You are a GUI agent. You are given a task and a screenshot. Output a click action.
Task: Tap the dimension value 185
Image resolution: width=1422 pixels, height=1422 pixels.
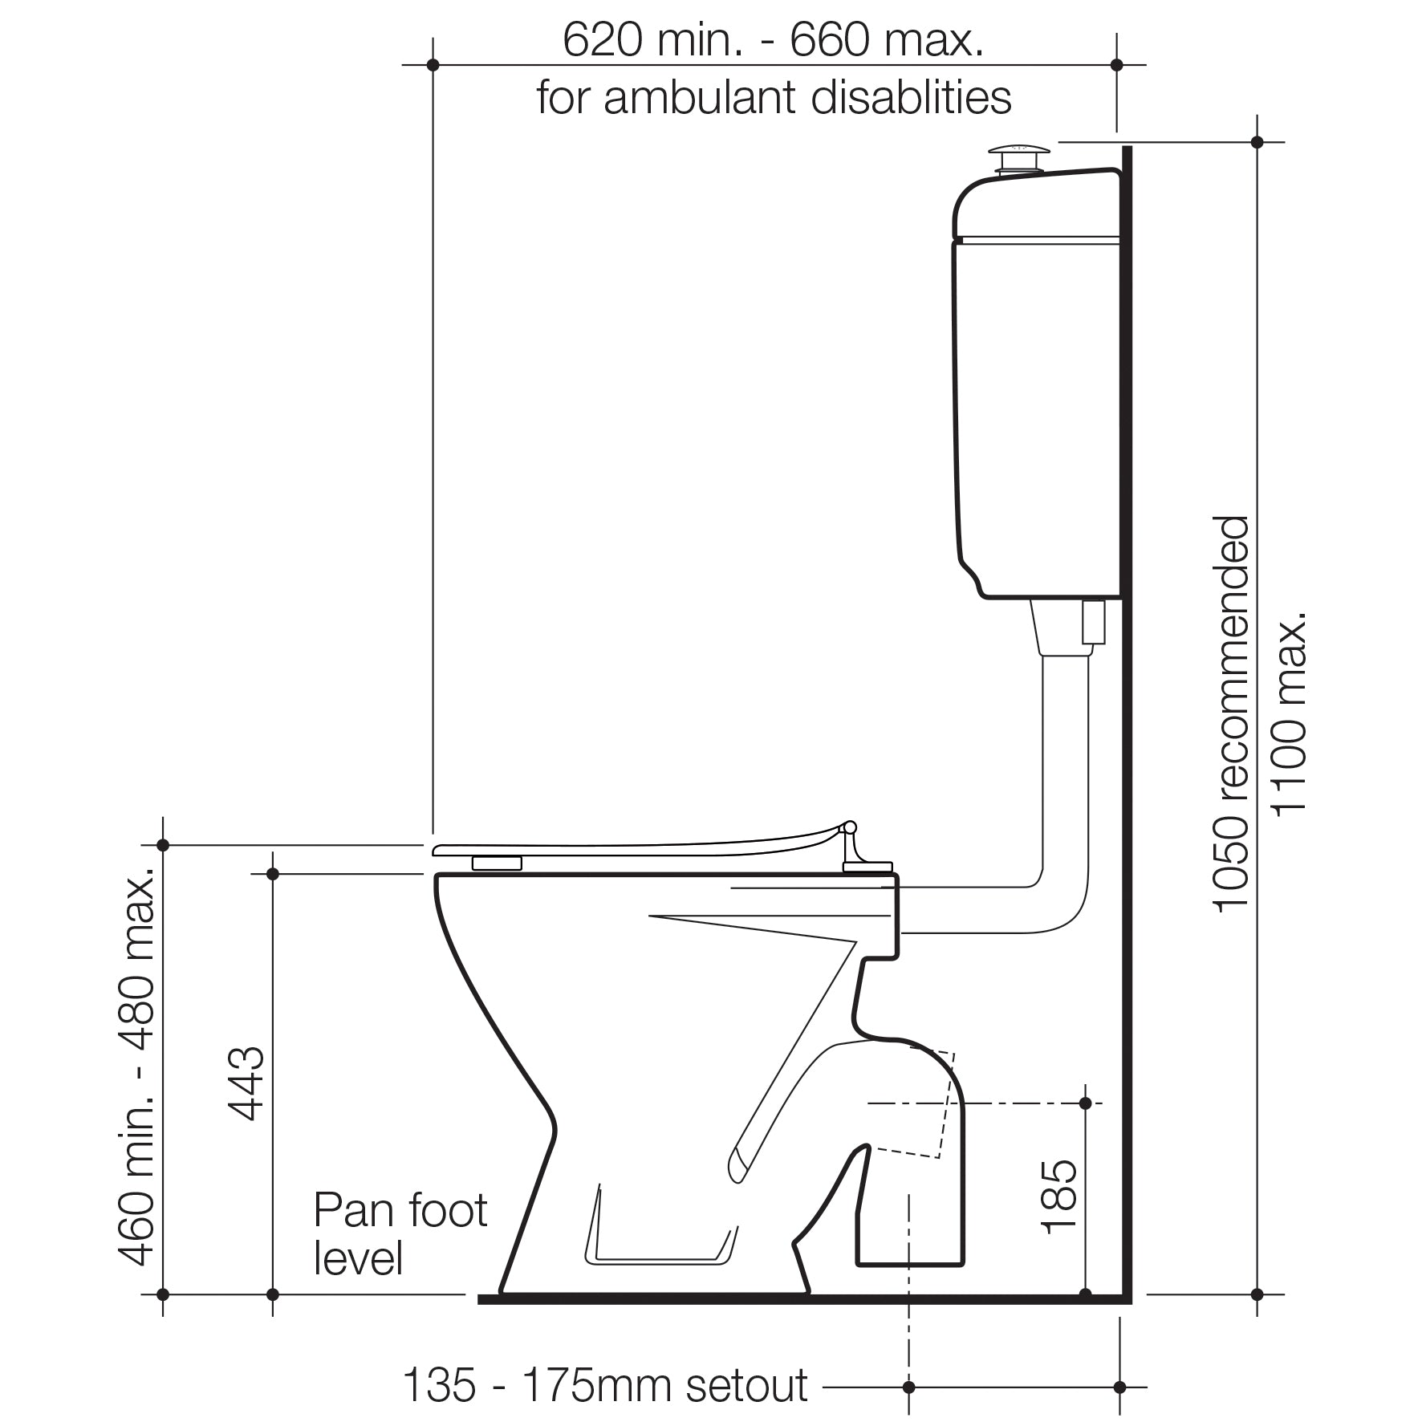click(x=1058, y=1196)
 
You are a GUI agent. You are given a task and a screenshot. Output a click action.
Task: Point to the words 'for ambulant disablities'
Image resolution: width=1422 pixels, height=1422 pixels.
click(x=773, y=98)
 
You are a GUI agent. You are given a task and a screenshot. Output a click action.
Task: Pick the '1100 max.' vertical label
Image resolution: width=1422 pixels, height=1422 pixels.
click(x=1290, y=714)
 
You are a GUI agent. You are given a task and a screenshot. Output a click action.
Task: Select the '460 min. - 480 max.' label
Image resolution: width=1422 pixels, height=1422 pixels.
click(x=136, y=1067)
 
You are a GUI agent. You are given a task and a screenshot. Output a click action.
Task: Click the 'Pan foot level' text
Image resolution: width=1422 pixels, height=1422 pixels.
click(x=399, y=1233)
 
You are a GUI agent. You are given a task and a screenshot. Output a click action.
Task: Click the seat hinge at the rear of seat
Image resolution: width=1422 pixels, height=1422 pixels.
click(x=855, y=847)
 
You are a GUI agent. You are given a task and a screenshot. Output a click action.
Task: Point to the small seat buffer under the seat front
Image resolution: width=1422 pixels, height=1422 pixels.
click(x=497, y=863)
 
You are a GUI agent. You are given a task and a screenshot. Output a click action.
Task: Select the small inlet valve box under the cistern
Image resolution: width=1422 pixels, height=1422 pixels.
click(x=1094, y=622)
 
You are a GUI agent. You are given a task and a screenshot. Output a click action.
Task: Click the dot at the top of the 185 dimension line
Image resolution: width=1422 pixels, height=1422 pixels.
click(x=1085, y=1103)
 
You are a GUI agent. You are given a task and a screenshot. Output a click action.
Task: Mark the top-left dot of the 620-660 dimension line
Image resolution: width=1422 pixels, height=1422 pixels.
click(x=433, y=64)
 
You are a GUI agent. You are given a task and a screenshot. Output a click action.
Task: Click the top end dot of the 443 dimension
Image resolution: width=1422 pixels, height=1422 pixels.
click(x=273, y=874)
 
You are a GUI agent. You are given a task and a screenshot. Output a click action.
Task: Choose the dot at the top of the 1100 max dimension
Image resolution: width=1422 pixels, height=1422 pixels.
click(x=1257, y=142)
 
